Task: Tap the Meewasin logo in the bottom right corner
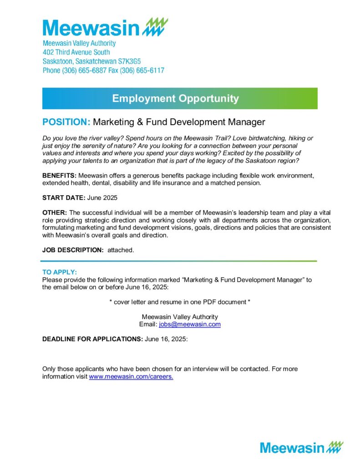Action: [x=302, y=447]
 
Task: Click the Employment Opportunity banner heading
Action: [x=175, y=98]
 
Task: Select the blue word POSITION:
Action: [x=66, y=122]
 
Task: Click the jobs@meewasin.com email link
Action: [x=190, y=324]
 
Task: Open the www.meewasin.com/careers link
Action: [x=131, y=377]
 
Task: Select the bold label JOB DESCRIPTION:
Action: [x=73, y=250]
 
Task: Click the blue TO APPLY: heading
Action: [x=60, y=272]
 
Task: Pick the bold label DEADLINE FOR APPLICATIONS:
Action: [x=92, y=339]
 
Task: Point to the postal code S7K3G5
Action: [x=130, y=61]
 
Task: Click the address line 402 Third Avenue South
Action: [x=76, y=52]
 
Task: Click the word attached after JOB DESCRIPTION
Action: [x=121, y=250]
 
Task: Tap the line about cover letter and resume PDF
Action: [x=180, y=302]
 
